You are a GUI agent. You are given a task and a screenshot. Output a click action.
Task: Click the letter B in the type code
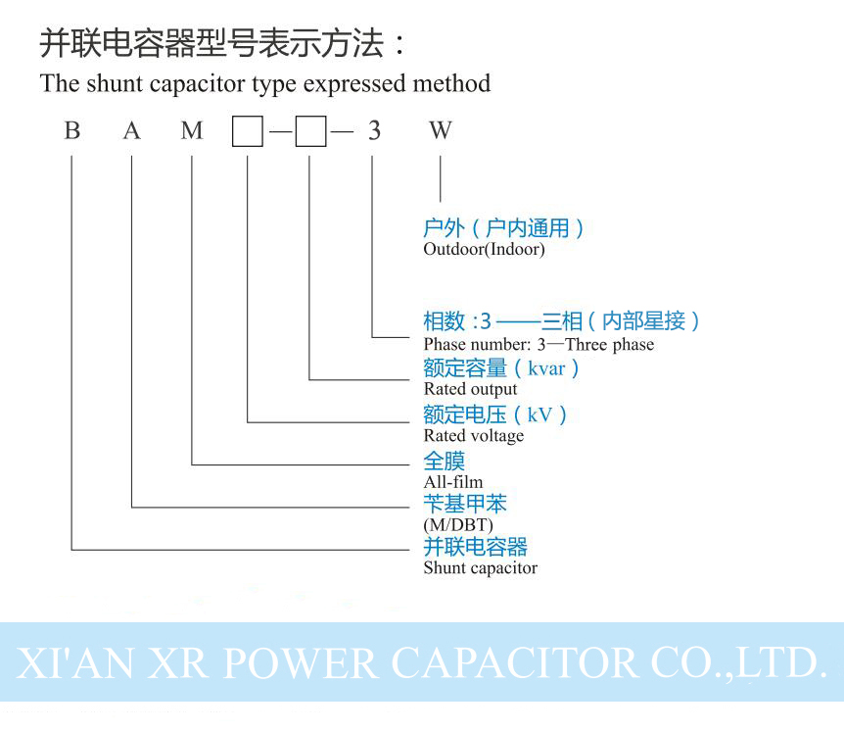pos(71,131)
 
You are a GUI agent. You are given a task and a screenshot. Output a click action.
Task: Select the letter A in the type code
pos(132,131)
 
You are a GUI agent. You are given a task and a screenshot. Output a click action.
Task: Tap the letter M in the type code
pos(192,131)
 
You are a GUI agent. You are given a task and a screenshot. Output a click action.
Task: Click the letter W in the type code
pos(440,131)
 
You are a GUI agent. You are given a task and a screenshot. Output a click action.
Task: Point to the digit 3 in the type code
pos(374,131)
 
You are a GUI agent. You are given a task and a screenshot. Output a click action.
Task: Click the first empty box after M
pos(248,131)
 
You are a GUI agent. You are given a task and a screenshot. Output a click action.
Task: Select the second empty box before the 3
pos(310,131)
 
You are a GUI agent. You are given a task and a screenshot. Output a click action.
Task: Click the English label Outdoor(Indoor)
pos(484,249)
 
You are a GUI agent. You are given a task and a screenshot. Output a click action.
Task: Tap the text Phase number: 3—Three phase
pos(539,344)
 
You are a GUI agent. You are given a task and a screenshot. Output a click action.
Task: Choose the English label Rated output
pos(470,389)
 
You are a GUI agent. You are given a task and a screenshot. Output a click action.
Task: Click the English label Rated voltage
pos(473,435)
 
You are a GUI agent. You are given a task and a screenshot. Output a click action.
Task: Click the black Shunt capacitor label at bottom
pos(480,567)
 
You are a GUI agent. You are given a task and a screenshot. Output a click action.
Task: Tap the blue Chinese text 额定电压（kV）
pos(495,414)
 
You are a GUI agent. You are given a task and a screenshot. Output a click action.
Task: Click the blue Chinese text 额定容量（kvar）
pos(501,368)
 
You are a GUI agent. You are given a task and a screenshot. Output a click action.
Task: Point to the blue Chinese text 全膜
pos(444,461)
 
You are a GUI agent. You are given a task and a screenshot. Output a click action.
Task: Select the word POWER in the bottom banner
pos(302,662)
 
